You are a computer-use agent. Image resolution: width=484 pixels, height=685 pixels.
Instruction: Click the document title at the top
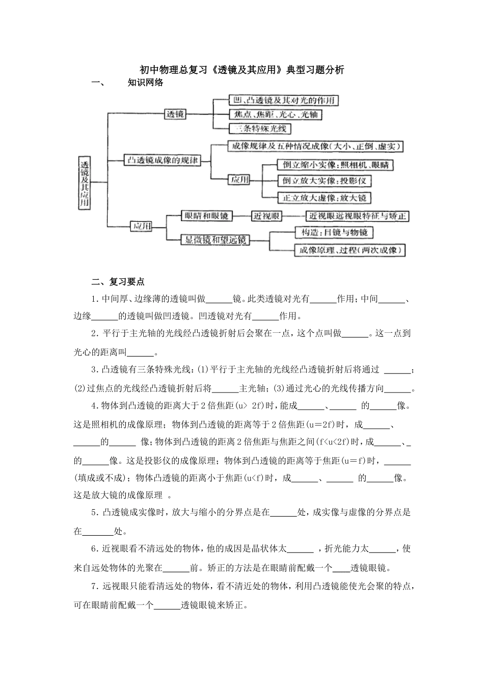[x=242, y=70]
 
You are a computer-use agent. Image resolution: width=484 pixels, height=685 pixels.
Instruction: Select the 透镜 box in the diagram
[x=176, y=115]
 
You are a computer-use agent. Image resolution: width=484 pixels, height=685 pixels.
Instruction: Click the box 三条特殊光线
[x=260, y=128]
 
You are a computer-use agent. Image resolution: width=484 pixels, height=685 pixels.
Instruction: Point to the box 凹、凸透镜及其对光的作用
[x=283, y=100]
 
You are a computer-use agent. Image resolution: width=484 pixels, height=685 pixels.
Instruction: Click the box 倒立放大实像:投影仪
[x=324, y=181]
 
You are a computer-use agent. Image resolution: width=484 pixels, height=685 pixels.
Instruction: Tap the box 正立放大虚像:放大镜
[x=324, y=198]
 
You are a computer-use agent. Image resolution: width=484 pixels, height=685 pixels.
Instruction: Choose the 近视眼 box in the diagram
[x=267, y=216]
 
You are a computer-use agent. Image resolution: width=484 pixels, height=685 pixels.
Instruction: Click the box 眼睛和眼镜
[x=206, y=216]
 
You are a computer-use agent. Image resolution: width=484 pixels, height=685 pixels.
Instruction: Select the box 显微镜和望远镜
[x=215, y=240]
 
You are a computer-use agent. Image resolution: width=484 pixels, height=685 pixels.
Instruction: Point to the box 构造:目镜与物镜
[x=334, y=232]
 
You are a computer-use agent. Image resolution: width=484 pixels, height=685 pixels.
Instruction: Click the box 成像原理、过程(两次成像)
[x=350, y=250]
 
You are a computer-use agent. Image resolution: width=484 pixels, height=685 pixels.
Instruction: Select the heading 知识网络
[x=146, y=83]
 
